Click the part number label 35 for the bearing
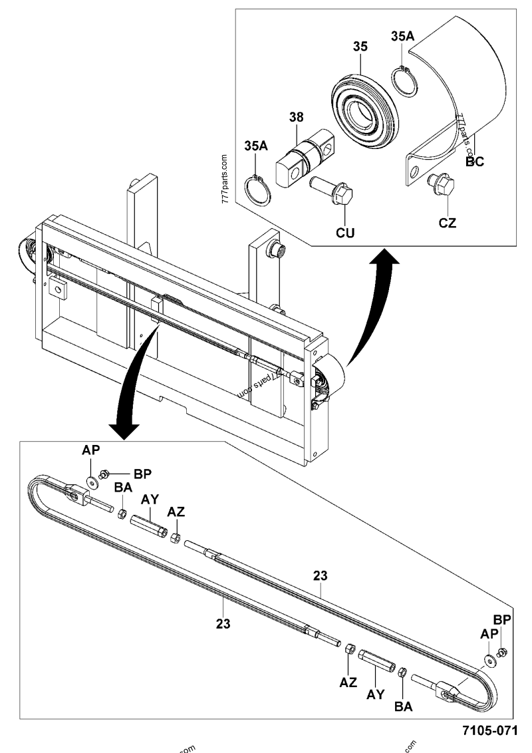pyautogui.click(x=360, y=48)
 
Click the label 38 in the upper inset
pyautogui.click(x=297, y=118)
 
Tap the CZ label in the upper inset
pyautogui.click(x=448, y=223)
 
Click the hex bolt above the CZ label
pyautogui.click(x=442, y=182)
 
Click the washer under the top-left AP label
pyautogui.click(x=90, y=480)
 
